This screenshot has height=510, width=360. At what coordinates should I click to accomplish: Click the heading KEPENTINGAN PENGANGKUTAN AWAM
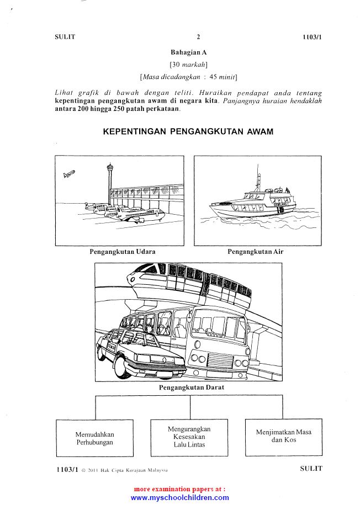(188, 132)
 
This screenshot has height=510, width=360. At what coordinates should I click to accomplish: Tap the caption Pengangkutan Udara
(123, 252)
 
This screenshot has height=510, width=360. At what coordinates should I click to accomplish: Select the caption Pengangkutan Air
(255, 252)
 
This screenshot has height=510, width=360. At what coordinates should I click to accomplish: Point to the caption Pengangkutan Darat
(191, 387)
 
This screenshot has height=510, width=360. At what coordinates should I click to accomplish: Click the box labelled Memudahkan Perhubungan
(94, 438)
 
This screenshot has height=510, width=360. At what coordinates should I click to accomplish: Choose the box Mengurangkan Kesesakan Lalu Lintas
(189, 437)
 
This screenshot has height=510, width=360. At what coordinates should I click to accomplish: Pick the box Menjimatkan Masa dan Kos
(283, 436)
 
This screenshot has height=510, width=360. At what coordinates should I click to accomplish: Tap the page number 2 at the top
(198, 37)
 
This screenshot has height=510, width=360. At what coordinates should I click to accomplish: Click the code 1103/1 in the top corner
(311, 37)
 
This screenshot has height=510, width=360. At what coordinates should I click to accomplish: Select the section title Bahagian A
(188, 52)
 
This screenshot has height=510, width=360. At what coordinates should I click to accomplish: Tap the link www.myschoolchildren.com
(179, 497)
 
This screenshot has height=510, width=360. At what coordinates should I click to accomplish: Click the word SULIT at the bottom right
(311, 469)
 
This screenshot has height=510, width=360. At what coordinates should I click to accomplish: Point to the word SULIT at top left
(65, 37)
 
